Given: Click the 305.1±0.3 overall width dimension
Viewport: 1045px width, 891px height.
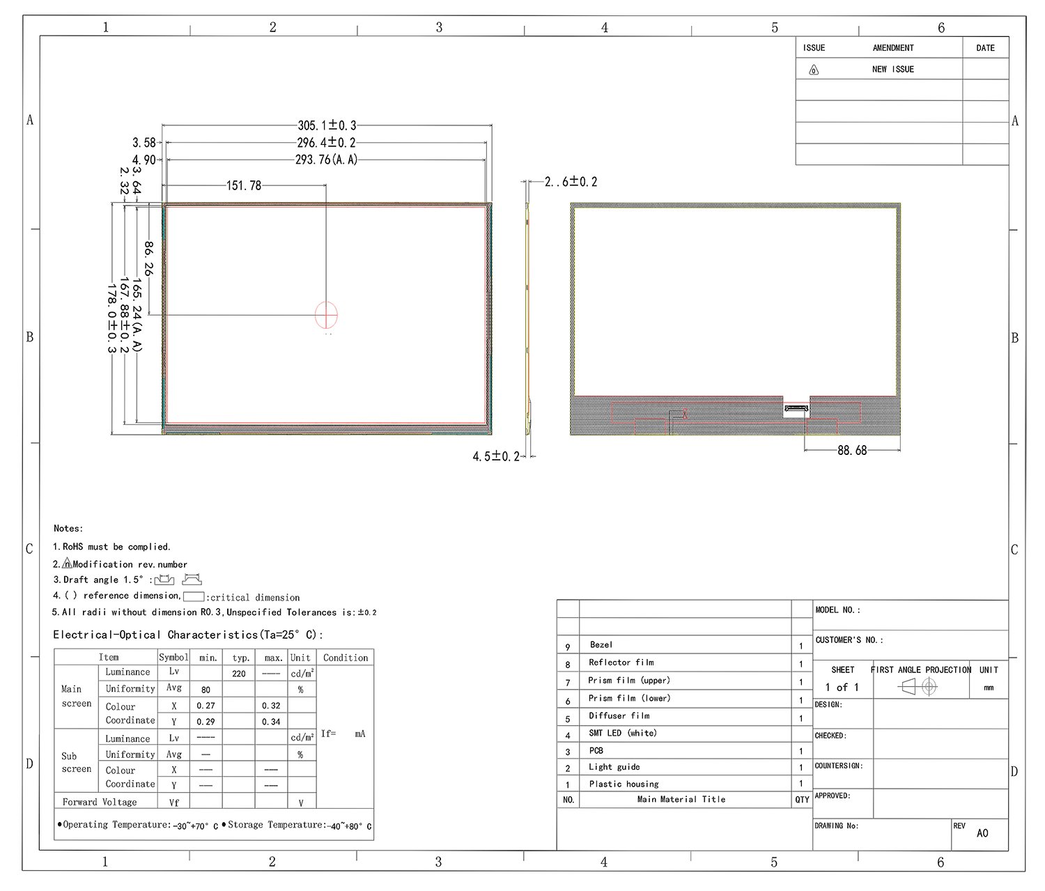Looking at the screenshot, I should pos(327,125).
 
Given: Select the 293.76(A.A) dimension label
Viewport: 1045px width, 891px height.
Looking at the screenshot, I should pos(326,160).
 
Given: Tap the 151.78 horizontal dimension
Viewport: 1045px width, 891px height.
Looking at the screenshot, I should pos(244,186).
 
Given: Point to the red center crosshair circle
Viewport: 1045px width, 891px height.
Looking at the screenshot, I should pos(326,315).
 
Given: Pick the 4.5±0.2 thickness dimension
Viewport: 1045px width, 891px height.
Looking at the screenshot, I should pos(496,456).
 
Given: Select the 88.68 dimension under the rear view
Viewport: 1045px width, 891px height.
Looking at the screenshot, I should pos(852,451).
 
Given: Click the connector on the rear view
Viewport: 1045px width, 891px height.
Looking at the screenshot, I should pos(796,409).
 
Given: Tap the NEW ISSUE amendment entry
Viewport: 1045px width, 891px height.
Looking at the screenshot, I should pos(892,70).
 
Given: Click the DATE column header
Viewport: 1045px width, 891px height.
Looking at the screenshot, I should pos(985,48).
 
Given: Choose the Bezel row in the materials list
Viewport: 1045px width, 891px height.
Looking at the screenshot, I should pos(601,645).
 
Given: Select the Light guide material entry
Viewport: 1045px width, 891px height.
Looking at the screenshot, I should pos(614,767).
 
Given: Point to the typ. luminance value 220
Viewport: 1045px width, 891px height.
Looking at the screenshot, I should pos(239,674).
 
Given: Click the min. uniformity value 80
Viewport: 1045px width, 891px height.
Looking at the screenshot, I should pos(206,690).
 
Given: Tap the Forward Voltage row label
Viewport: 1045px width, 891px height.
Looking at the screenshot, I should pos(100,802).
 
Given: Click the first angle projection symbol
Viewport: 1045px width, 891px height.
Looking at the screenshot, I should pos(918,688).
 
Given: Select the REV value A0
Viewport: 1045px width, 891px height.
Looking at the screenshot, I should pos(982,833).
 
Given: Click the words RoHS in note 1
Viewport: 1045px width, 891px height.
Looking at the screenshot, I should pos(72,547).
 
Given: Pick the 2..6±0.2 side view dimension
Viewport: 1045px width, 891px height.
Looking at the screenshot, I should pos(571,182).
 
